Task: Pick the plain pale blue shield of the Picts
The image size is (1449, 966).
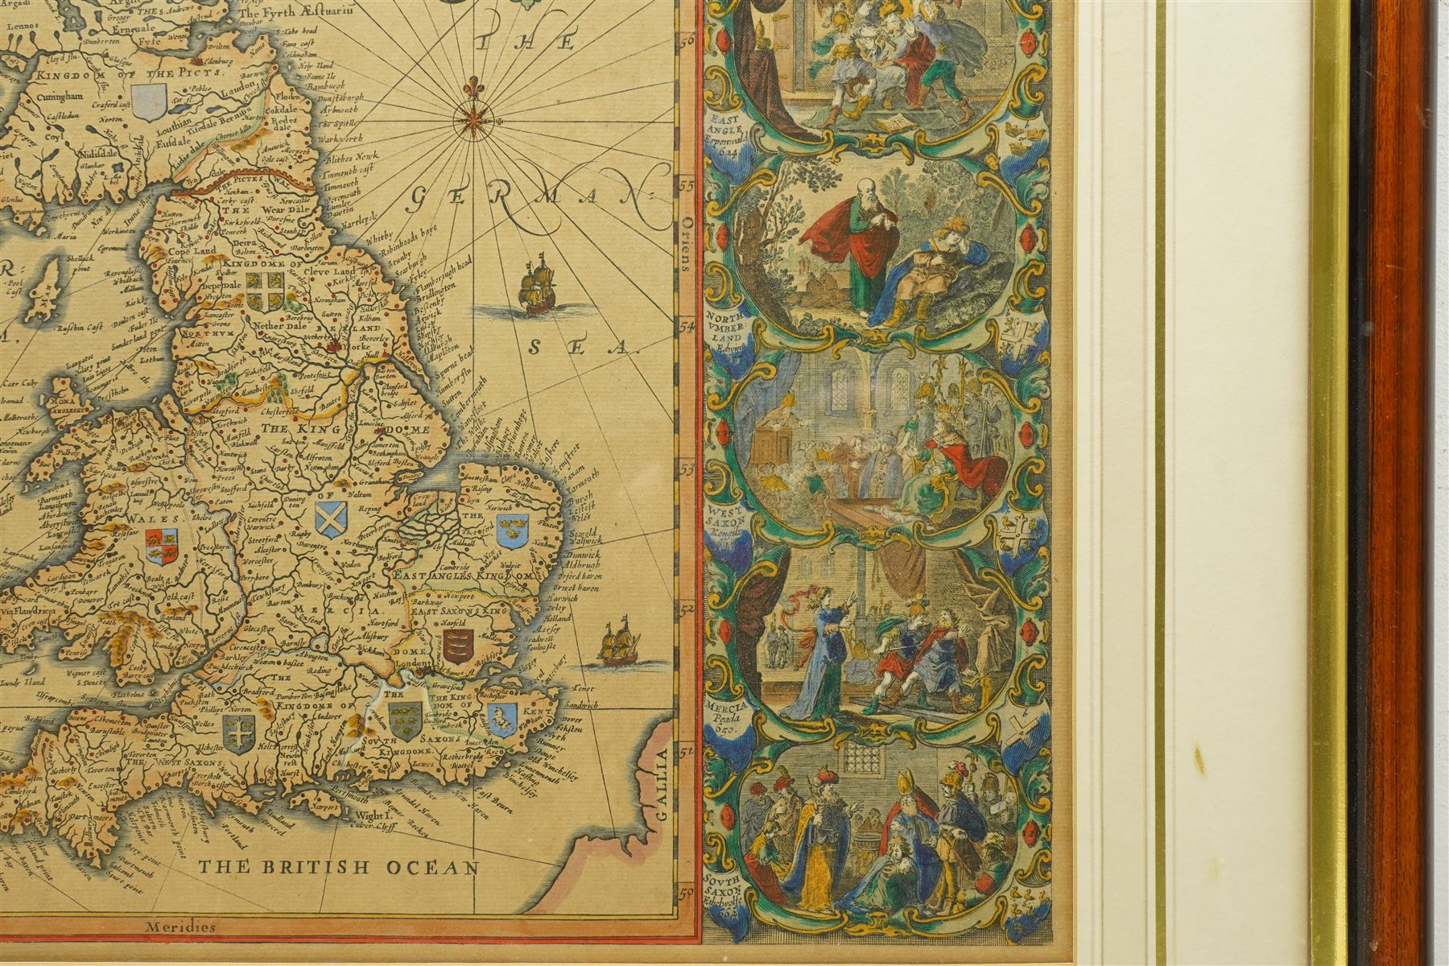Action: [152, 102]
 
